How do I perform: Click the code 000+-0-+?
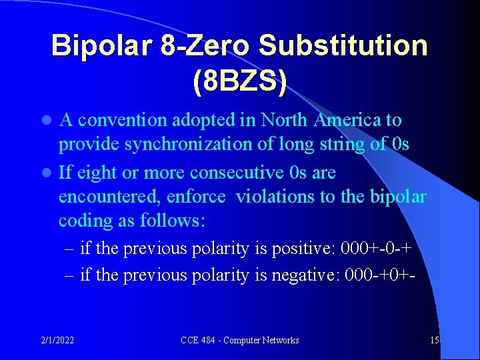[375, 249]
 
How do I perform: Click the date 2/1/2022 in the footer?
[57, 340]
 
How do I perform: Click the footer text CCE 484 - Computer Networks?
[240, 340]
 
